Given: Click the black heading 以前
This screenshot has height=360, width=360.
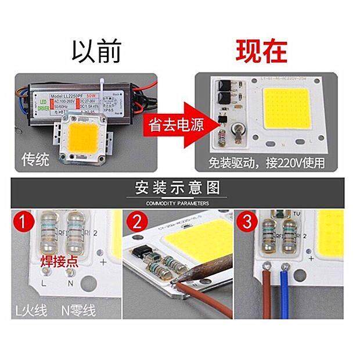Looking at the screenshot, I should [96, 52].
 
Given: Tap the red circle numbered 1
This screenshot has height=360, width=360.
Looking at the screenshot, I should [22, 222].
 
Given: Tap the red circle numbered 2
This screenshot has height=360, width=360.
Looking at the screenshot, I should [137, 222].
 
